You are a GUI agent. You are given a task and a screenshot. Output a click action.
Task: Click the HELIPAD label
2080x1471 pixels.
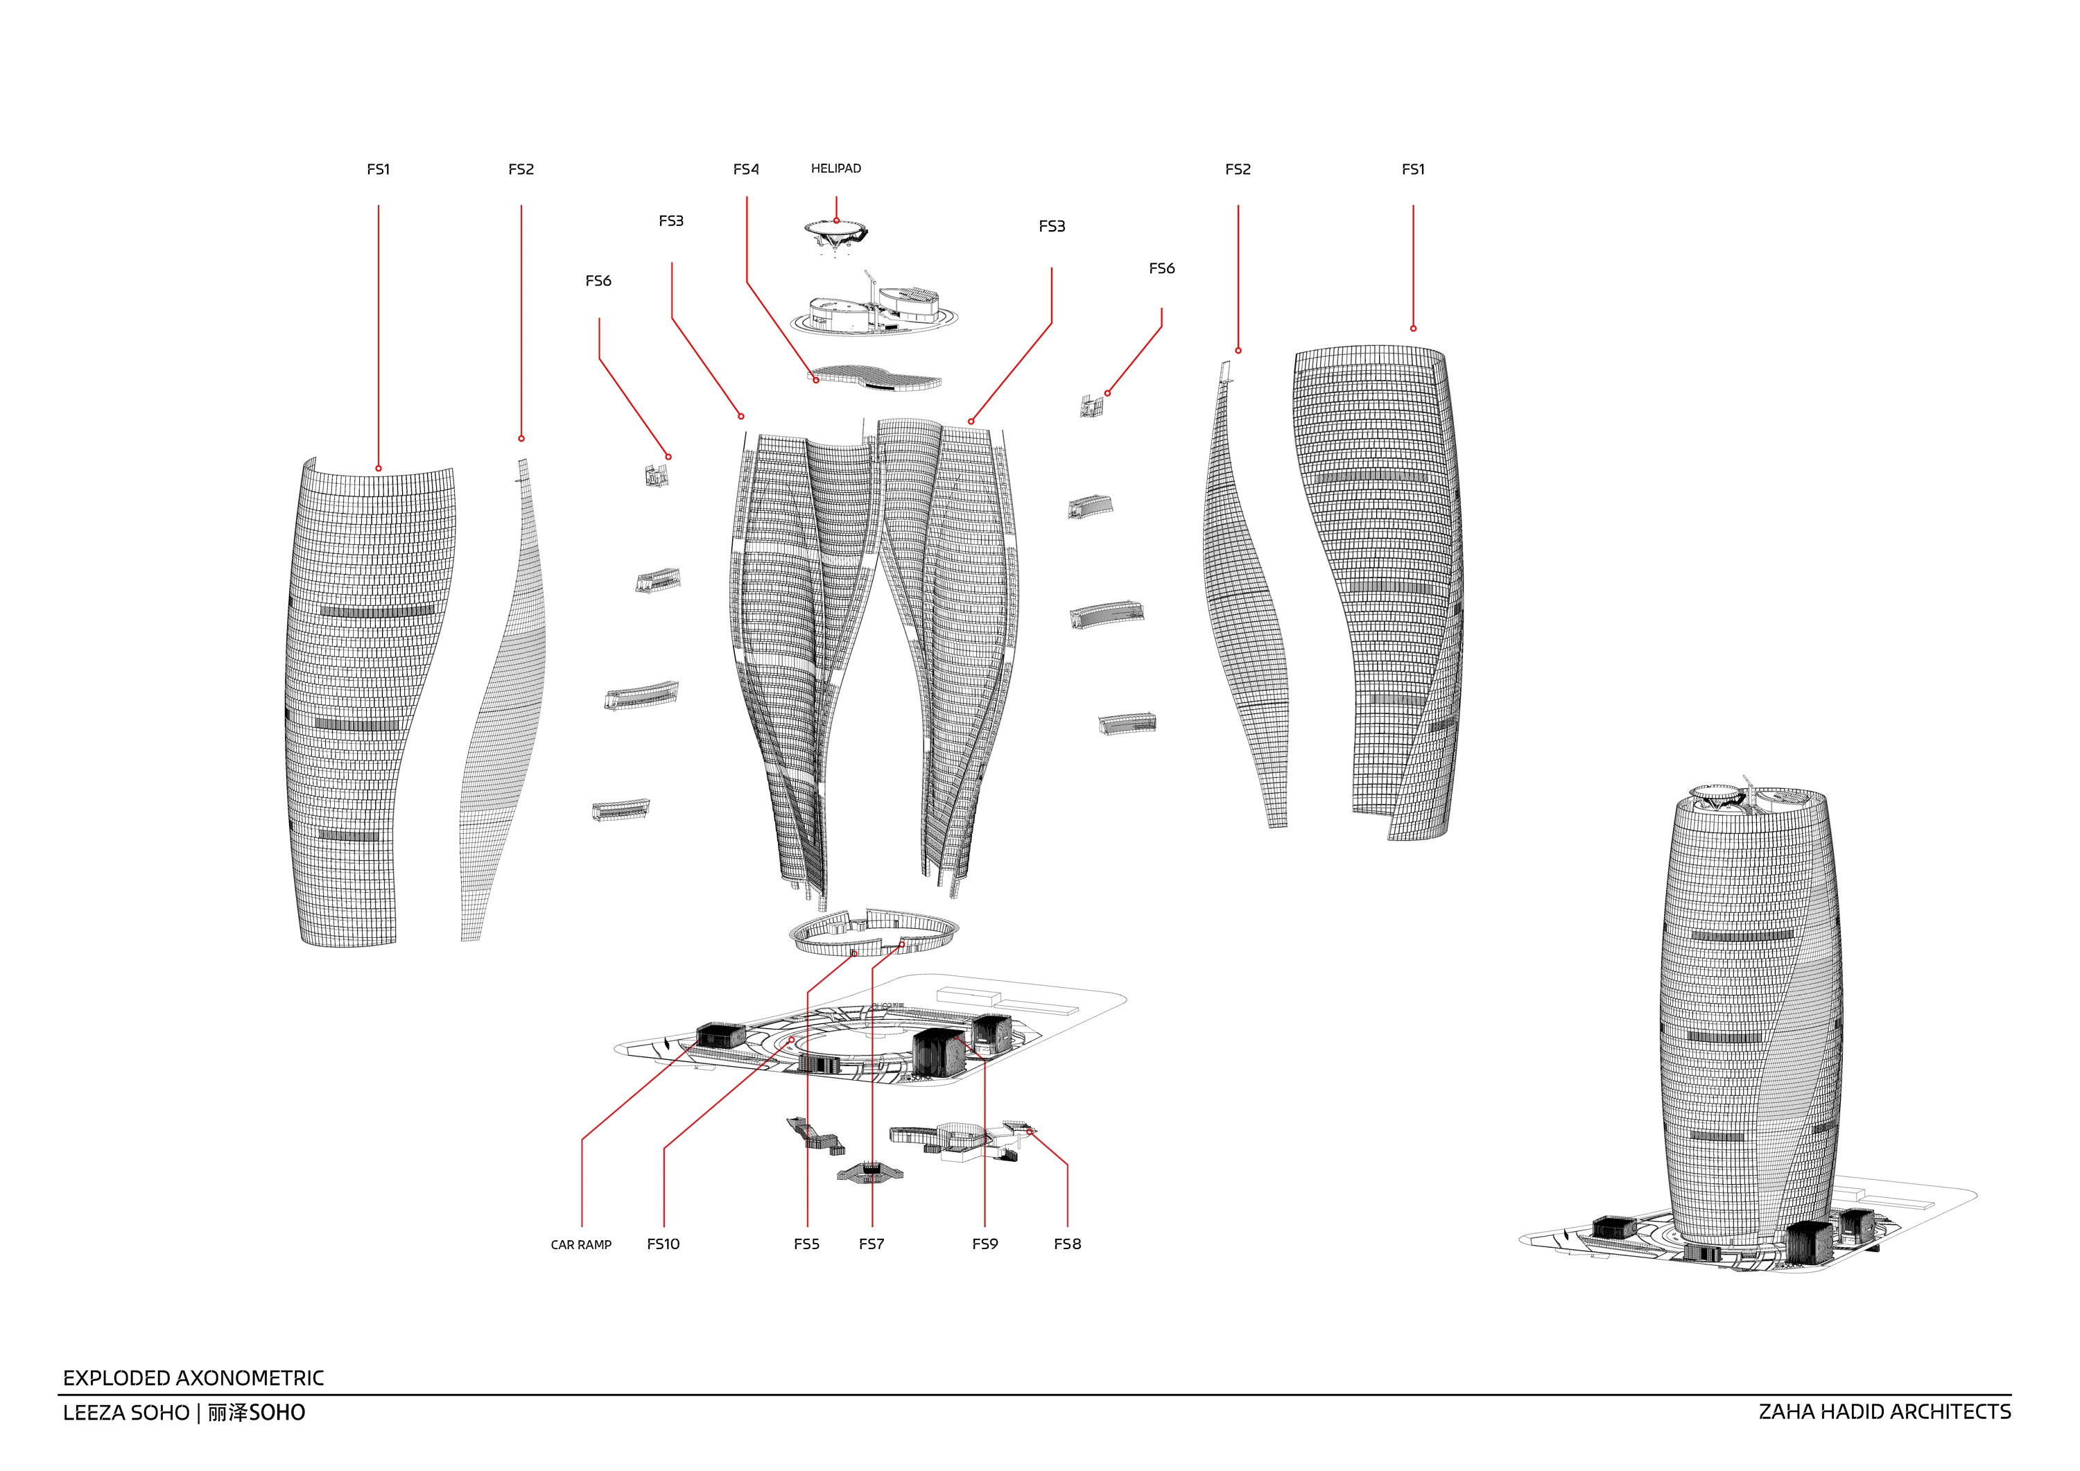835,168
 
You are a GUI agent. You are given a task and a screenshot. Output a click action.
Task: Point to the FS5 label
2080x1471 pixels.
806,1244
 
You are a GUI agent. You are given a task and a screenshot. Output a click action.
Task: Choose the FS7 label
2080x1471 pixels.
872,1244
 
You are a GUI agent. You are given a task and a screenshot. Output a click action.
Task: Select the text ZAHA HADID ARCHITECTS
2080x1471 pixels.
1884,1412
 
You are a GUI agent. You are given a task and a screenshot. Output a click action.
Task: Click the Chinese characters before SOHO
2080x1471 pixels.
227,1412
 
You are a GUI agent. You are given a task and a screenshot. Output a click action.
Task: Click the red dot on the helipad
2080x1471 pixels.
836,220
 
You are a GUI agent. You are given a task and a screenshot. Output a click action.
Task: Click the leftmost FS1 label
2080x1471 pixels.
378,169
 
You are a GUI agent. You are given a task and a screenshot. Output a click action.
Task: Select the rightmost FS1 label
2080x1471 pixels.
1412,169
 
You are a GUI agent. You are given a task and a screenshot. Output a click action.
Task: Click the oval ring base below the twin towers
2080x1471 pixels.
797,943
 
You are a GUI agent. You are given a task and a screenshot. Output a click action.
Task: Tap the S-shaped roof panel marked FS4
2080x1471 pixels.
875,377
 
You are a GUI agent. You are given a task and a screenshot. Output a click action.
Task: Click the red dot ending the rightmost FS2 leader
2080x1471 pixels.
1238,351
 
